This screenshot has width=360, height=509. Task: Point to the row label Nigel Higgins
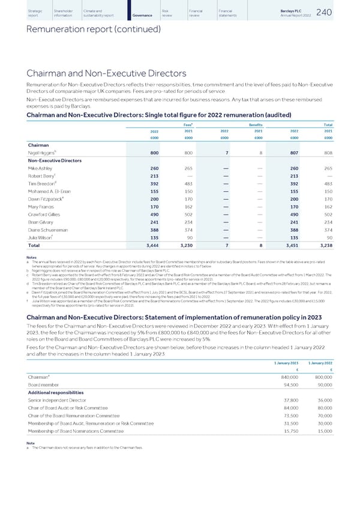(44, 153)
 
